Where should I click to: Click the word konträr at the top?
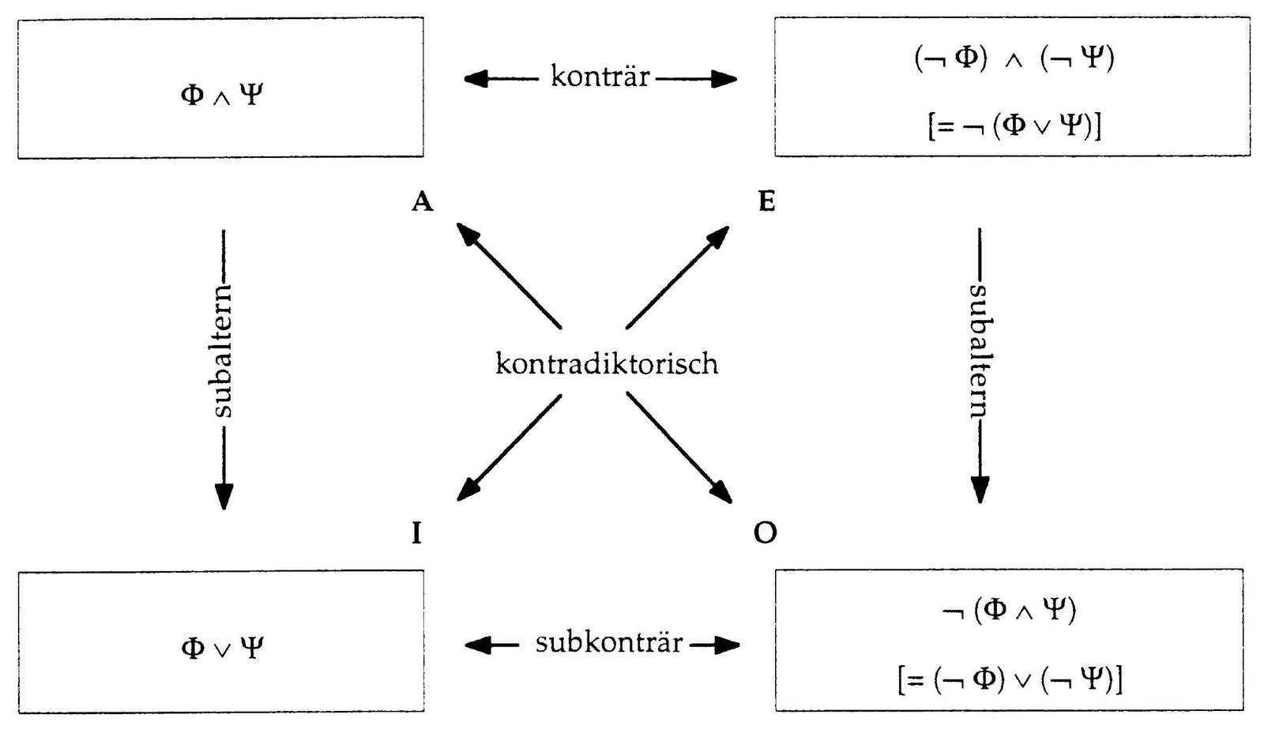click(600, 77)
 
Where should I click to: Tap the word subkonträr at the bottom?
click(608, 643)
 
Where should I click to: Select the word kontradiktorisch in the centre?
click(607, 364)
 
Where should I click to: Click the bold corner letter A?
click(423, 203)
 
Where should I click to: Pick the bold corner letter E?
click(766, 203)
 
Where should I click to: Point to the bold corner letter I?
click(416, 535)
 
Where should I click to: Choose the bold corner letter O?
click(765, 534)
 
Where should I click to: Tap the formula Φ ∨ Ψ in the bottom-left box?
click(221, 649)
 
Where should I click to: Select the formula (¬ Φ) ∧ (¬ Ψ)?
click(1014, 59)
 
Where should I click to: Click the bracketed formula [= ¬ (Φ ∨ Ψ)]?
click(1014, 126)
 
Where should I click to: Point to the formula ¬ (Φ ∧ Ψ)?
click(1010, 610)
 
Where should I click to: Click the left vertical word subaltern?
click(223, 351)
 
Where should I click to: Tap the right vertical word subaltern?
click(980, 351)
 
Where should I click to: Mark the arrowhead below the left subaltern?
click(224, 494)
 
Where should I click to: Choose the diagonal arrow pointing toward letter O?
click(679, 447)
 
